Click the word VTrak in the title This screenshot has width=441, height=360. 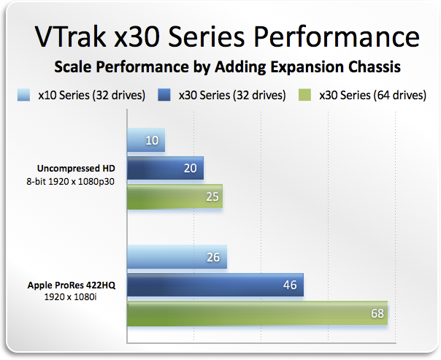coord(70,37)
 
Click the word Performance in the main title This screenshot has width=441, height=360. coord(337,37)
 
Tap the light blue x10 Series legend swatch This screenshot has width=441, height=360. coord(23,95)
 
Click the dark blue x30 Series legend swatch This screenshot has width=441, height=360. coord(164,95)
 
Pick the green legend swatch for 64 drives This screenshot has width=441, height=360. coord(304,95)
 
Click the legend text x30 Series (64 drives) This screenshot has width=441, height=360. coord(372,96)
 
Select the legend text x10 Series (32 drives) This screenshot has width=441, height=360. coord(92,96)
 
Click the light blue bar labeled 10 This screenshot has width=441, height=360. coord(146,139)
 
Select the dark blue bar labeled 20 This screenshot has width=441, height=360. coord(165,168)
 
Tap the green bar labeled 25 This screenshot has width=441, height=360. coord(175,196)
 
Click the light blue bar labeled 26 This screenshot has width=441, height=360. coord(177,257)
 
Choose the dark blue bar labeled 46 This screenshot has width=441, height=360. coord(215,285)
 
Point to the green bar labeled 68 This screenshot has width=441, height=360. coord(257,313)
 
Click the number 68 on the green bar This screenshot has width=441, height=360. coord(377,313)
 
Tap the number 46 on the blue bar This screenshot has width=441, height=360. coord(290,285)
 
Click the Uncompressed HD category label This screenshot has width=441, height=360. coord(76,169)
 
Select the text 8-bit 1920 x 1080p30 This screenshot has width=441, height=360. coord(70,181)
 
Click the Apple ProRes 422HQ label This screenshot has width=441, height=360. coord(72,286)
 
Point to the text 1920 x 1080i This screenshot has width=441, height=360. coord(71,296)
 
